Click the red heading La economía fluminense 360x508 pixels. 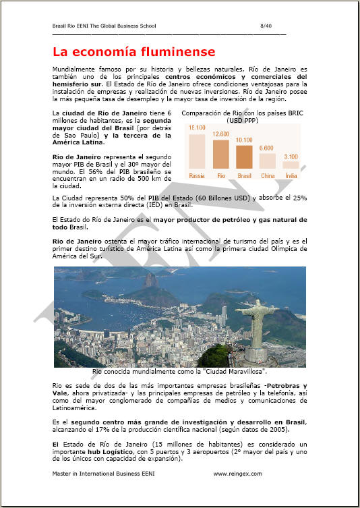pyautogui.click(x=133, y=52)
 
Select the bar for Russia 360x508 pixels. pyautogui.click(x=197, y=150)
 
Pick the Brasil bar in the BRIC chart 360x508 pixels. pyautogui.click(x=244, y=157)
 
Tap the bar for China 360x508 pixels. pyautogui.click(x=268, y=161)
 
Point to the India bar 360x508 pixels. pyautogui.click(x=291, y=165)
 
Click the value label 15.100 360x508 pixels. pyautogui.click(x=197, y=128)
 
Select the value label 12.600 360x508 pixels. pyautogui.click(x=220, y=134)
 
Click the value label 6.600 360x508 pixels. pyautogui.click(x=267, y=148)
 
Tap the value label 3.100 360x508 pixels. pyautogui.click(x=291, y=157)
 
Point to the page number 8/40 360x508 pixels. pyautogui.click(x=266, y=25)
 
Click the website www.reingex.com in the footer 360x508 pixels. pyautogui.click(x=237, y=474)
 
